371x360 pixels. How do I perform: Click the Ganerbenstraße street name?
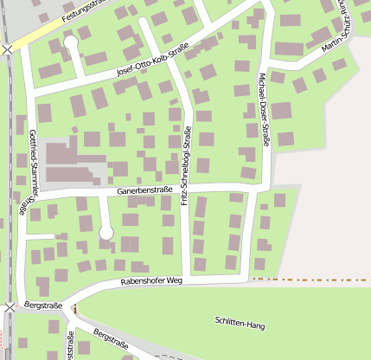pos(146,190)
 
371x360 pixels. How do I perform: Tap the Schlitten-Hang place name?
pos(240,323)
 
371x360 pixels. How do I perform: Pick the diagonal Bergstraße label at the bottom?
pos(110,339)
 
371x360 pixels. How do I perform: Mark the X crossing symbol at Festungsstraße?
pos(8,49)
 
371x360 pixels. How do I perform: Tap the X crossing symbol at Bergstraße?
pos(9,308)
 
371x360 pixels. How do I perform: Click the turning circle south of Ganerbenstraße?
pos(106,232)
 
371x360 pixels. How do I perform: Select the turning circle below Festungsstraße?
pos(70,42)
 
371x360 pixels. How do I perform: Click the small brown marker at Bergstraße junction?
pos(74,309)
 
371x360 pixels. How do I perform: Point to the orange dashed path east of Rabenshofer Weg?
pos(311,280)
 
